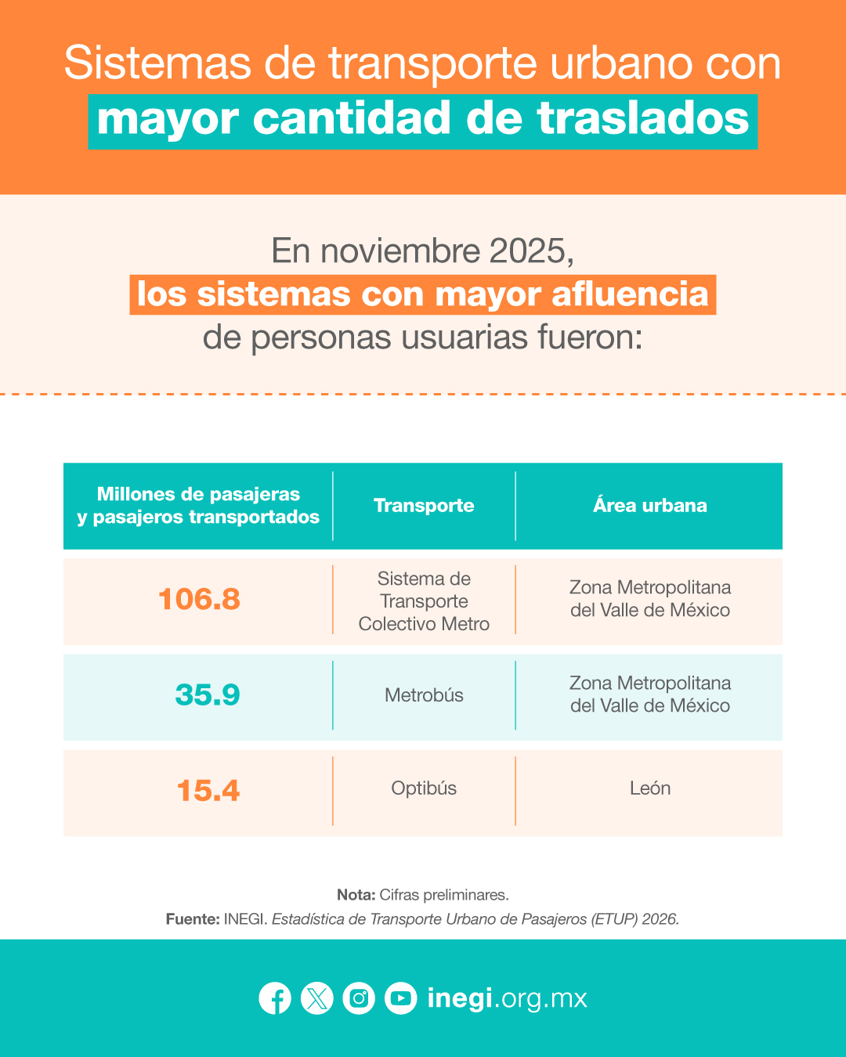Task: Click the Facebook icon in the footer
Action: (x=275, y=998)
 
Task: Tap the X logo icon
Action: (x=317, y=998)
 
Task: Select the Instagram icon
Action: (x=359, y=998)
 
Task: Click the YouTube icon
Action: (x=400, y=998)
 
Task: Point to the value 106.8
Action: (x=199, y=599)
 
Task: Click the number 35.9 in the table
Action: (x=208, y=695)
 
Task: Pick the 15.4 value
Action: (x=208, y=791)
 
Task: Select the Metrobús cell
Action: (x=424, y=695)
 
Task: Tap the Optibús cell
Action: (x=424, y=788)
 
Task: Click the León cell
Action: (x=650, y=788)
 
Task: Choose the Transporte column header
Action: (x=424, y=506)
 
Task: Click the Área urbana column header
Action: (x=650, y=505)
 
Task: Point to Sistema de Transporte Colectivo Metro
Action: (x=424, y=601)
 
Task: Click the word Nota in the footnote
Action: (x=356, y=895)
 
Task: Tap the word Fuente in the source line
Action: (x=192, y=919)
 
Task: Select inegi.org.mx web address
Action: (x=508, y=999)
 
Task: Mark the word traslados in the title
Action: (x=643, y=118)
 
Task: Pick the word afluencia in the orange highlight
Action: (x=630, y=294)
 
